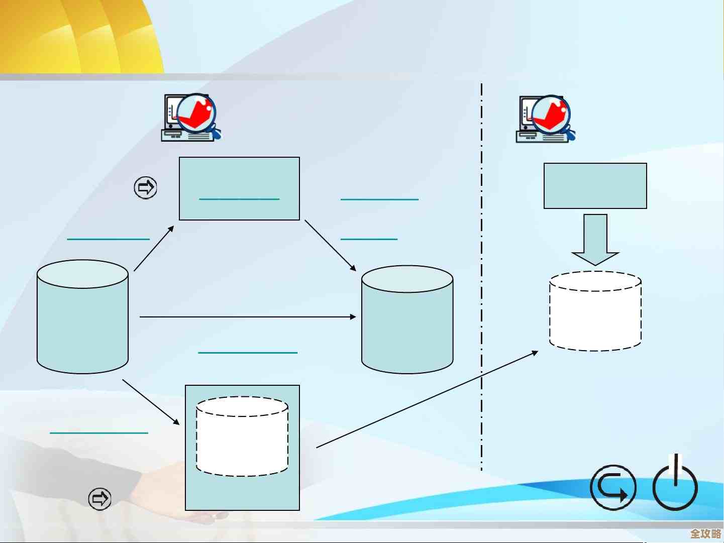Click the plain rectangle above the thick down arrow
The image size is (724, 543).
[595, 185]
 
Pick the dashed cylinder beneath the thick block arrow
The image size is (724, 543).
[595, 311]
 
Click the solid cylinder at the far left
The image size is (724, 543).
[82, 317]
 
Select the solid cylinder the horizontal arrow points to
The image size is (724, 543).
[407, 320]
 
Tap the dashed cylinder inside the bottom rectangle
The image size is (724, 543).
[242, 437]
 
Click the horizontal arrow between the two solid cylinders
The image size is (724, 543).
[246, 317]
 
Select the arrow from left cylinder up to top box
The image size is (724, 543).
[154, 249]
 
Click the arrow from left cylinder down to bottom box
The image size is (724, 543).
[151, 401]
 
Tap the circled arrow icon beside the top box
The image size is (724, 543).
[146, 188]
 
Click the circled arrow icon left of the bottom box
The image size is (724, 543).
[99, 498]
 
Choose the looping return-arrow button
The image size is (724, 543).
[612, 488]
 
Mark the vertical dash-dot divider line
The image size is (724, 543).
[482, 276]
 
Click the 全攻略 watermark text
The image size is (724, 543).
[705, 533]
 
